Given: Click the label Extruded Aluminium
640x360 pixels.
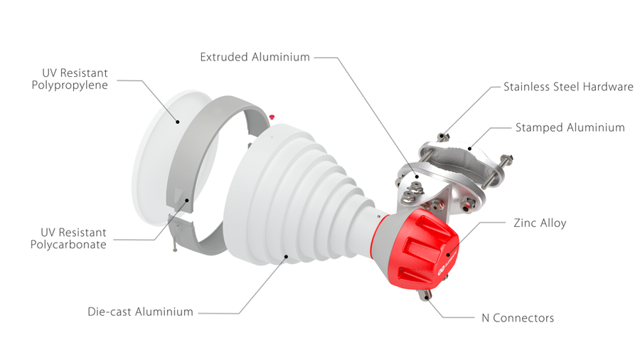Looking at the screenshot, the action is [x=255, y=57].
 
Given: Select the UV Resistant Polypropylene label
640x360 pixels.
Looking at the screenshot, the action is [x=70, y=79].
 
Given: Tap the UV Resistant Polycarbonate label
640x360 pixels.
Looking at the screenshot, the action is [x=68, y=238].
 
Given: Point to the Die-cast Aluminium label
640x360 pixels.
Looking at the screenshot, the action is [x=140, y=312].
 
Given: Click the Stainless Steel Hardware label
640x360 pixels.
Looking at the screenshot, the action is [x=568, y=87].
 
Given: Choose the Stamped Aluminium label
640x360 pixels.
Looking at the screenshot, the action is [x=570, y=128].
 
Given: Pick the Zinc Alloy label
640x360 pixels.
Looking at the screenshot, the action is [x=540, y=223].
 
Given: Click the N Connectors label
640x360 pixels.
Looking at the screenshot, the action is [x=518, y=318].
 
